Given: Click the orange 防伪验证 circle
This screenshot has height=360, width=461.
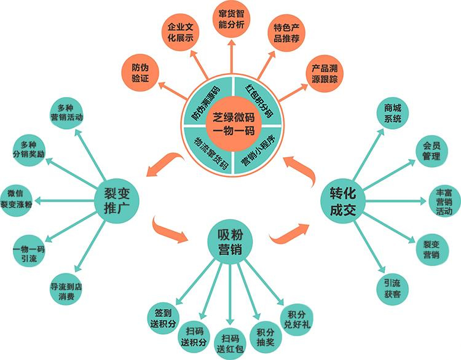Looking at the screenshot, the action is pyautogui.click(x=140, y=73).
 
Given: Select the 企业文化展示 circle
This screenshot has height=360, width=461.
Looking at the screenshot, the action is pyautogui.click(x=180, y=33).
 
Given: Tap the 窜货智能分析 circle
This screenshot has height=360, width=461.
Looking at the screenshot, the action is pyautogui.click(x=231, y=19).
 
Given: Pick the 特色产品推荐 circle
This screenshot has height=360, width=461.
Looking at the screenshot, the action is pyautogui.click(x=286, y=33).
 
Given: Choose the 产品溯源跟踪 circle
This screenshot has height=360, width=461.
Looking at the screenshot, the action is pyautogui.click(x=325, y=74).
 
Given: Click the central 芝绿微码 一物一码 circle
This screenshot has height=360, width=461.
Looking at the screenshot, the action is pyautogui.click(x=233, y=124).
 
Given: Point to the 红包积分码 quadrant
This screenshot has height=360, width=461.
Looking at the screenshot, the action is pyautogui.click(x=258, y=101).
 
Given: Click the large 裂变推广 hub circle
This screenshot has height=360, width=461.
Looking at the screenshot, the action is pyautogui.click(x=116, y=201).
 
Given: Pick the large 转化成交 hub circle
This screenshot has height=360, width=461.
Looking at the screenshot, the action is pyautogui.click(x=343, y=201).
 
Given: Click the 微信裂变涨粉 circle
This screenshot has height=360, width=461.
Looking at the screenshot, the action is pyautogui.click(x=16, y=201).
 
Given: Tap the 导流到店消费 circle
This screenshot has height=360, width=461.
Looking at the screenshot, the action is pyautogui.click(x=66, y=289).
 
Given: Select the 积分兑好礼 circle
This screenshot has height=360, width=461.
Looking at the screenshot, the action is pyautogui.click(x=297, y=319).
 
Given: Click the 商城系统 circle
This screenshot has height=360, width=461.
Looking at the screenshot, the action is pyautogui.click(x=393, y=114).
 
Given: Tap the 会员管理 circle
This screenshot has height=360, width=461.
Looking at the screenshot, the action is pyautogui.click(x=431, y=151).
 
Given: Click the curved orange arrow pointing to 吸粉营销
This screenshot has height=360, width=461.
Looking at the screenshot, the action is pyautogui.click(x=170, y=230).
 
